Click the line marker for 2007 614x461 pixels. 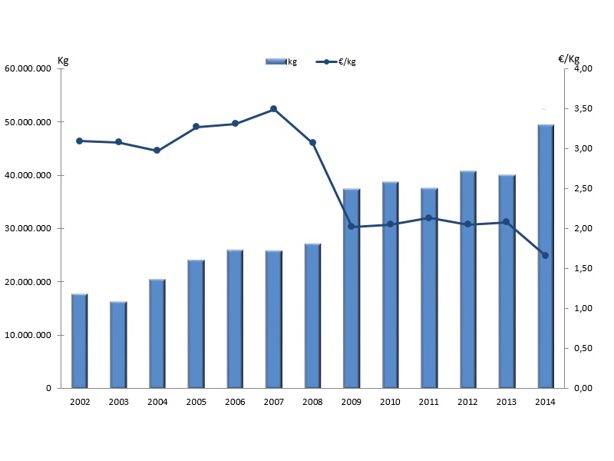tap(273, 109)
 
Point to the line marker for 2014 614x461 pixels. tap(545, 255)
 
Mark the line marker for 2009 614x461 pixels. tap(351, 227)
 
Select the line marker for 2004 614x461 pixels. tap(157, 151)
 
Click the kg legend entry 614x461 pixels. tap(282, 61)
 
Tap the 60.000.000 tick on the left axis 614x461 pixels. tap(28, 69)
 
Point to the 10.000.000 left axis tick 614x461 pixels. tap(28, 335)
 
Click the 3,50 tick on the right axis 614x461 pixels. tap(583, 109)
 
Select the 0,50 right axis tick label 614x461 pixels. tap(583, 349)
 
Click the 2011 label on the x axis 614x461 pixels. tap(428, 402)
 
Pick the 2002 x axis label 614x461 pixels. tap(79, 402)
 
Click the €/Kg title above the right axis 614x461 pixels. tap(569, 58)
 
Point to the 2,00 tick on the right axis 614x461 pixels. tap(583, 229)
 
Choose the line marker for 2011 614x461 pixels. tap(428, 217)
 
